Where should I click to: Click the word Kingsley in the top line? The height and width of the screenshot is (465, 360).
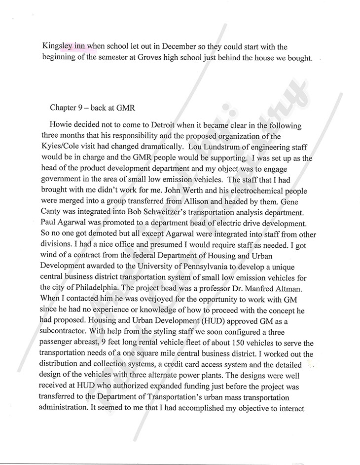pos(57,47)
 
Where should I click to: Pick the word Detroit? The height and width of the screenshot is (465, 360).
pos(161,126)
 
